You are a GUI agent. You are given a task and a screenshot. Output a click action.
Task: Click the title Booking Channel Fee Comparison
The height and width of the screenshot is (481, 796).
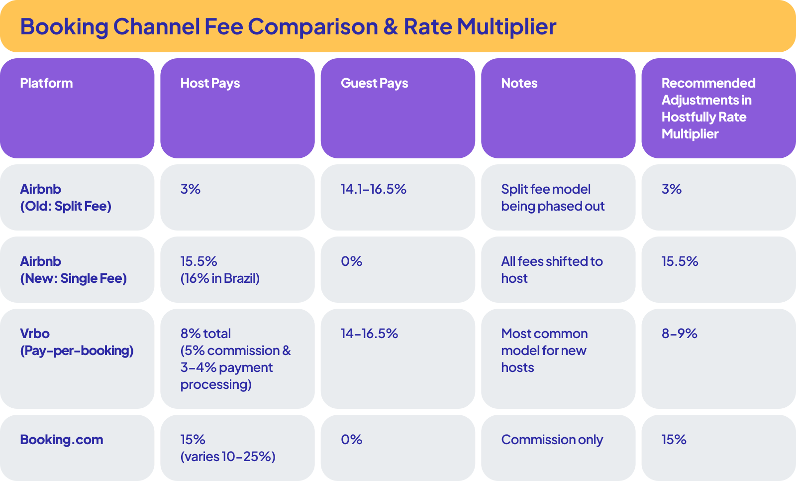click(288, 27)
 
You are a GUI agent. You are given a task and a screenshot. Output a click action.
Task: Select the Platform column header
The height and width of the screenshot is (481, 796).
click(46, 83)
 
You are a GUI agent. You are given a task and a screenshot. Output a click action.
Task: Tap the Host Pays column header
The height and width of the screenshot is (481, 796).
click(210, 83)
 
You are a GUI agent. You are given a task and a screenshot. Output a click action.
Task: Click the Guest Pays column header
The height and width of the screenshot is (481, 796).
click(374, 83)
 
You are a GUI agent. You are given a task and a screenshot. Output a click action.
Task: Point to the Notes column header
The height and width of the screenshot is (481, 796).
click(519, 83)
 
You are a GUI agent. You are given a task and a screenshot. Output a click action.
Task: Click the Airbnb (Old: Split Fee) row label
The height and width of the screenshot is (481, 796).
click(65, 197)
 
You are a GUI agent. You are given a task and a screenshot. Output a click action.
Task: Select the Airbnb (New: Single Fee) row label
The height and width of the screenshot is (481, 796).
click(73, 269)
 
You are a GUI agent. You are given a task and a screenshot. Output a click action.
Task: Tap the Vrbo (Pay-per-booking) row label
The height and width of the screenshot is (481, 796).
click(77, 342)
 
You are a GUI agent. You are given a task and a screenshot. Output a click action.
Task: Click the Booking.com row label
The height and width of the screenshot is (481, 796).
click(62, 440)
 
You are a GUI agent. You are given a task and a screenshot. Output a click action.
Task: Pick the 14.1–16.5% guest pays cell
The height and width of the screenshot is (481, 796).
click(373, 189)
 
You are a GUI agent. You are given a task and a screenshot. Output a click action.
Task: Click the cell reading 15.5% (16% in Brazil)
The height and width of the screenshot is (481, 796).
click(220, 269)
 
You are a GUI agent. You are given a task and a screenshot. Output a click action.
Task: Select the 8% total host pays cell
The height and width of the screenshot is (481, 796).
click(235, 359)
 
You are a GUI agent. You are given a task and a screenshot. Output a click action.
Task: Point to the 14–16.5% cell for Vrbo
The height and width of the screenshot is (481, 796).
click(369, 334)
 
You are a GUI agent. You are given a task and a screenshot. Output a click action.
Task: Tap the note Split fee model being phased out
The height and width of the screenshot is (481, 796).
click(552, 197)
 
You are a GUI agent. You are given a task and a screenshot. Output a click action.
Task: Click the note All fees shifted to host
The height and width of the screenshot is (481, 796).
click(551, 269)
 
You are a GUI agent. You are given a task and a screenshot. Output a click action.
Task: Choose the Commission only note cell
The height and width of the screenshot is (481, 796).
click(552, 440)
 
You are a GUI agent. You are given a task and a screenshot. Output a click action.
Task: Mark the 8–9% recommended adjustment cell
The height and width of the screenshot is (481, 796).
click(679, 334)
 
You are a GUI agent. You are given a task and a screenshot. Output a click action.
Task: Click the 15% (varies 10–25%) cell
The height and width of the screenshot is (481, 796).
click(227, 448)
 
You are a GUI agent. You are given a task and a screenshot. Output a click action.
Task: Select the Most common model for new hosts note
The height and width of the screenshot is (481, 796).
click(544, 350)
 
